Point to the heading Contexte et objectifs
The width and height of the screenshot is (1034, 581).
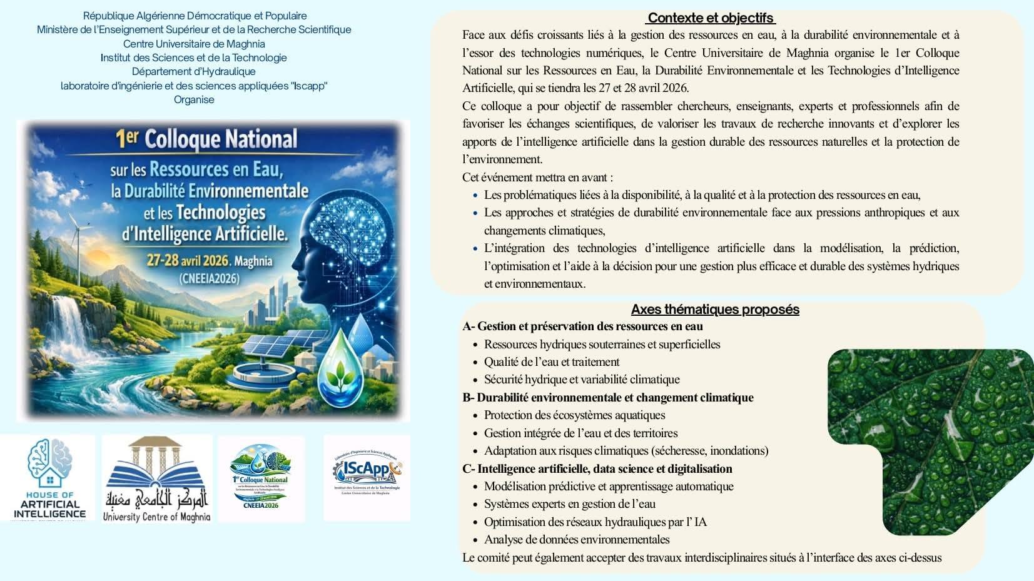coord(711,18)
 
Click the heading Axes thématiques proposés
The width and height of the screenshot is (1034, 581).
coord(715,310)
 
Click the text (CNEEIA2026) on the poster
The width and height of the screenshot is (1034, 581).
coord(209,278)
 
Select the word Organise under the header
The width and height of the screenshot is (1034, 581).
coord(194,99)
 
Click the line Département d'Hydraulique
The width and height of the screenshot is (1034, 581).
coord(194,71)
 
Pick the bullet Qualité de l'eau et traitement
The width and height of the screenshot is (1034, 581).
coord(551,361)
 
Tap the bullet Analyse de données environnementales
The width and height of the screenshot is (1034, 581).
coord(576,539)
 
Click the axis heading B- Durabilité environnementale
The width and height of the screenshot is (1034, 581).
coord(608,397)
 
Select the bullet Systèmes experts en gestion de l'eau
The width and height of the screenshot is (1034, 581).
coord(569,503)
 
